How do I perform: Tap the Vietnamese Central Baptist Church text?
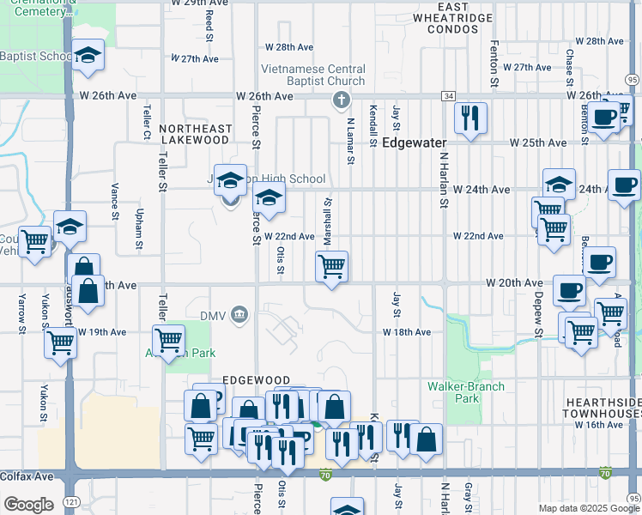point(314,75)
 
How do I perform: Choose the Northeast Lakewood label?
point(195,134)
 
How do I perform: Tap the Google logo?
point(28,505)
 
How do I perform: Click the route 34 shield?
point(449,96)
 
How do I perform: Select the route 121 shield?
point(69,500)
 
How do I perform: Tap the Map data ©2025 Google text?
point(588,508)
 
